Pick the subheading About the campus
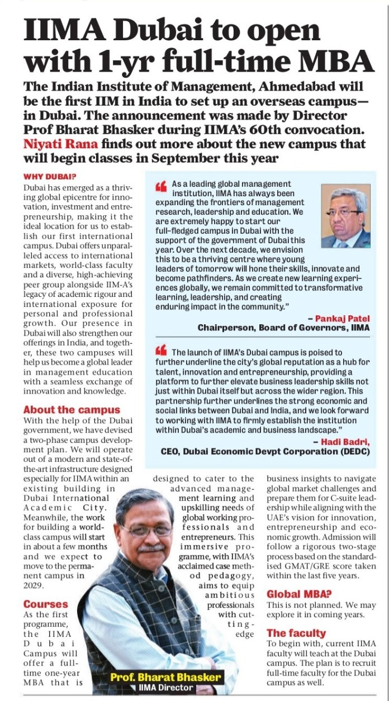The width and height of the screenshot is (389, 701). (72, 410)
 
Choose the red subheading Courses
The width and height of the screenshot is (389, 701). (45, 604)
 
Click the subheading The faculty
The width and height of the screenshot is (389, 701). (296, 633)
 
